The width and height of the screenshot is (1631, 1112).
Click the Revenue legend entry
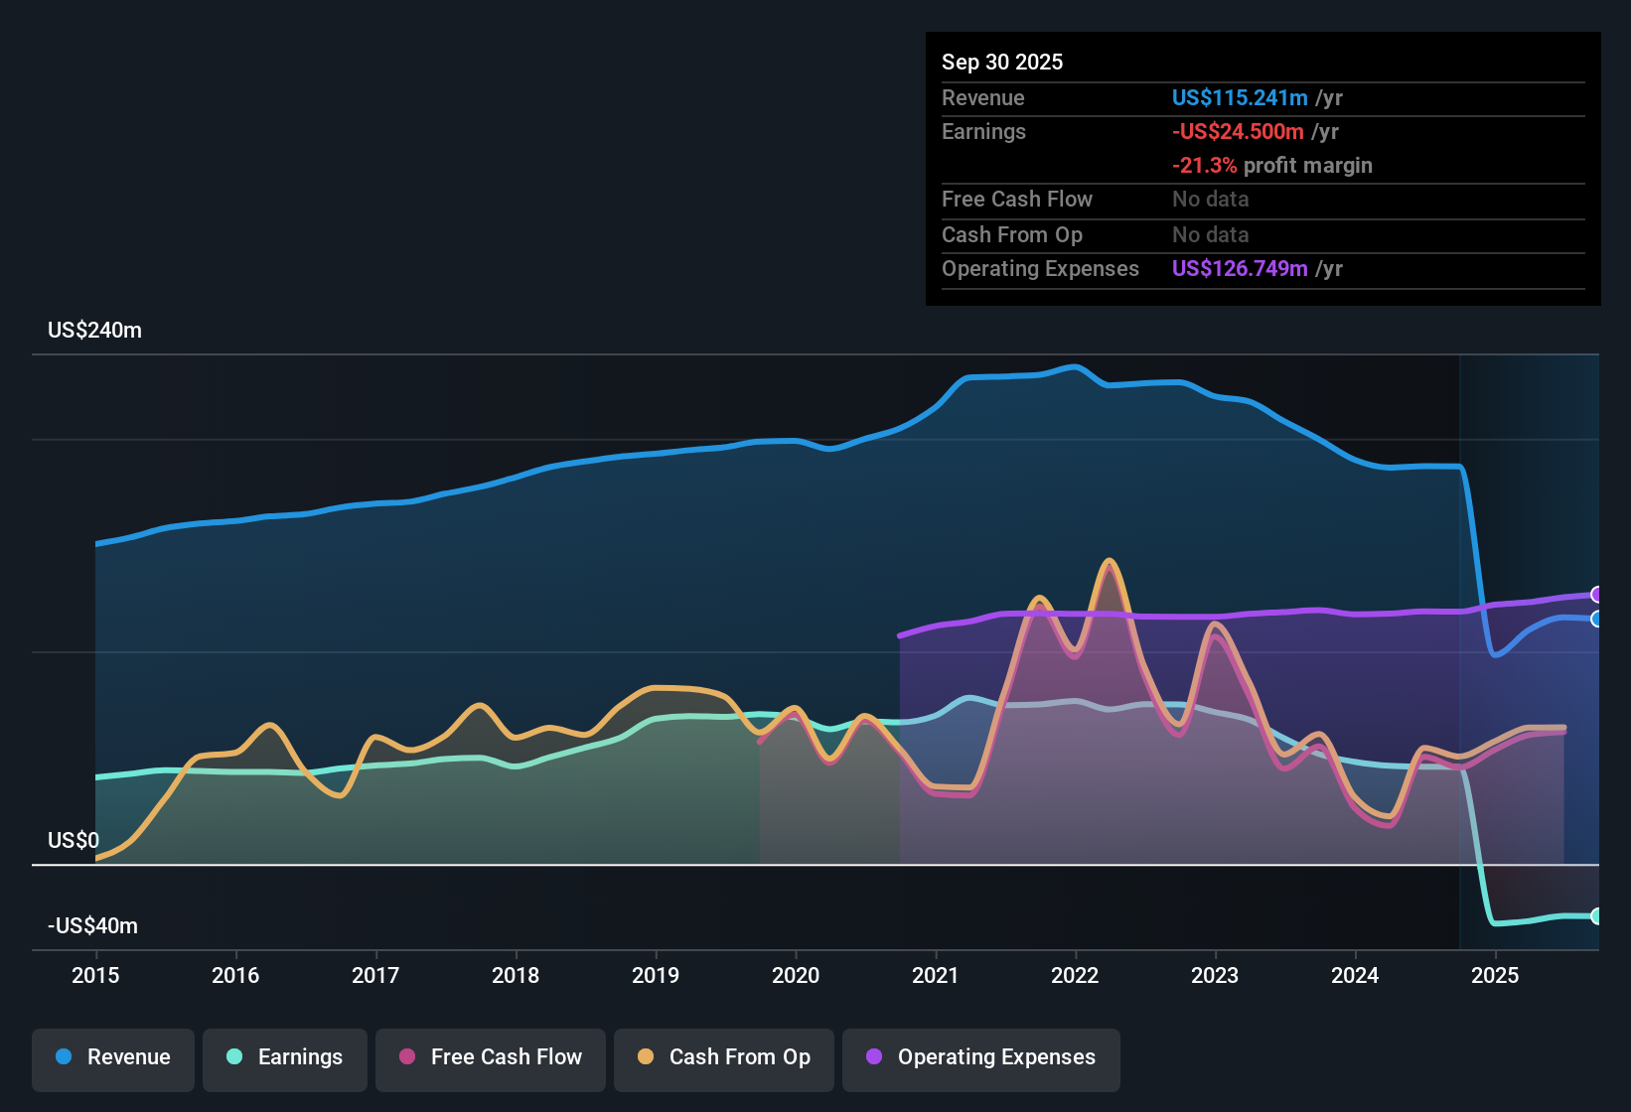click(113, 1057)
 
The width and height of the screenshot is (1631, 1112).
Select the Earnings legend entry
click(285, 1057)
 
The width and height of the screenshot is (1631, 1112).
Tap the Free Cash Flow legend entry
click(491, 1057)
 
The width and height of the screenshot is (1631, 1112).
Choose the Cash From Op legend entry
click(724, 1057)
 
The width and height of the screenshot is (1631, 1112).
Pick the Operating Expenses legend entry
click(981, 1057)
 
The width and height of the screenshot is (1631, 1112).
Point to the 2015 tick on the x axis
click(95, 975)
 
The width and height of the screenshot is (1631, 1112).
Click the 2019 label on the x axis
click(656, 975)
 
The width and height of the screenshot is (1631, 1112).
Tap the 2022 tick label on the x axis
click(1075, 975)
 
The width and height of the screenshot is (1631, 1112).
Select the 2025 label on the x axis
click(1495, 975)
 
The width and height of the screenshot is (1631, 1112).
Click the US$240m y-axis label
click(94, 331)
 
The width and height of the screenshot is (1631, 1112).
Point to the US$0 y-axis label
click(74, 841)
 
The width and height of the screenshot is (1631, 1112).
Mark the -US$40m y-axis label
click(92, 926)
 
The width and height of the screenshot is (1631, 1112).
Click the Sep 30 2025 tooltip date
click(1002, 63)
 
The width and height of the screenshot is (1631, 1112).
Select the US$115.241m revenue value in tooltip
click(1240, 98)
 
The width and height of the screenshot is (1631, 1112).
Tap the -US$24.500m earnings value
click(1238, 132)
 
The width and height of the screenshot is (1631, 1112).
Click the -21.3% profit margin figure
click(1204, 166)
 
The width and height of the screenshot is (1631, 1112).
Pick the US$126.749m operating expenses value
click(1240, 269)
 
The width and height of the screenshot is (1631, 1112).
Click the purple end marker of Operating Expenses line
click(1596, 595)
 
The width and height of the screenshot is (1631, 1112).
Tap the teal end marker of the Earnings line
click(1596, 915)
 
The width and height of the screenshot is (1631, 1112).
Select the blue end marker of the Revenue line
click(1596, 619)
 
